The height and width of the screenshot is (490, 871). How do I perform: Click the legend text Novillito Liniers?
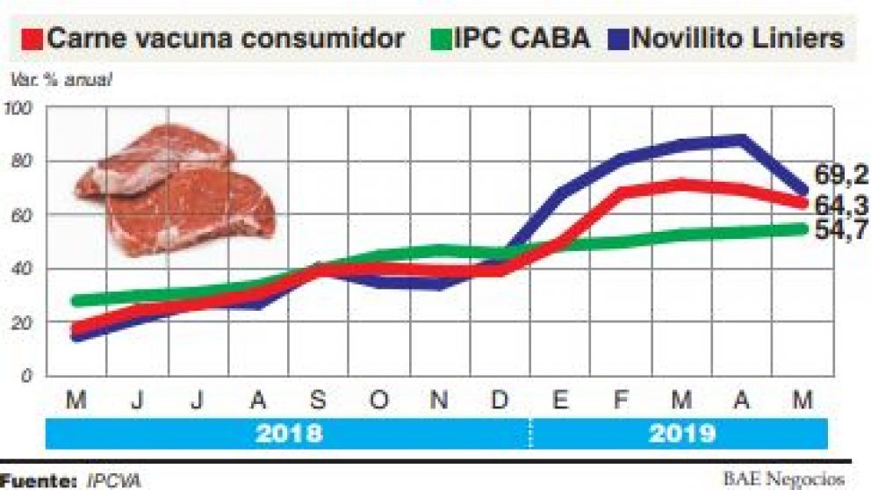[x=738, y=39]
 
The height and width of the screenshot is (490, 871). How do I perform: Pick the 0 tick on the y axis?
[x=26, y=376]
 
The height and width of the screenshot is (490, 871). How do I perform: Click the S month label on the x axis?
[x=318, y=400]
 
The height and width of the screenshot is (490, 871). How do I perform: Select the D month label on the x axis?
[x=499, y=400]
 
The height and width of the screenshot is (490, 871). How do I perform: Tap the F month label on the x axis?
[x=621, y=400]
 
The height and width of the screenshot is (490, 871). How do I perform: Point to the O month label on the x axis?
[x=378, y=400]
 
